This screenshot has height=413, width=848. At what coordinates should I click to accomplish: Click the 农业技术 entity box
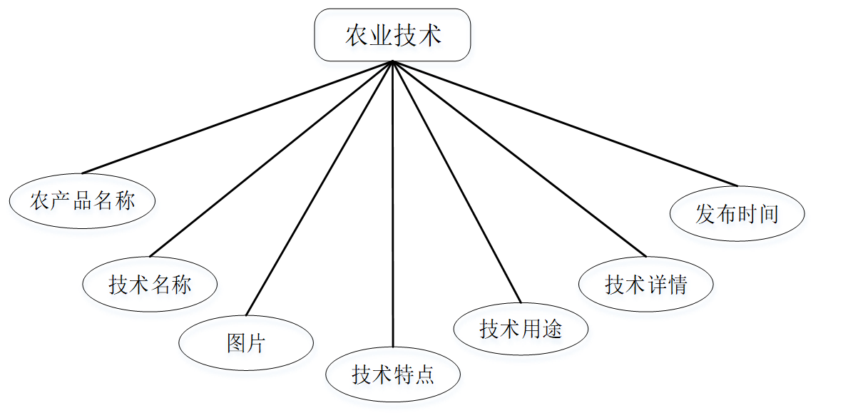point(392,35)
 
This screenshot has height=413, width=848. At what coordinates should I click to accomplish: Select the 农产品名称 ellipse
point(82,200)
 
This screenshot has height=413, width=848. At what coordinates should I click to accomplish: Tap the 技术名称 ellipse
point(150,285)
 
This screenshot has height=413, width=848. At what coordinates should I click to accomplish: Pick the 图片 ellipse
point(245,343)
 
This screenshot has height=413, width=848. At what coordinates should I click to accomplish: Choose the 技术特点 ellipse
point(393,374)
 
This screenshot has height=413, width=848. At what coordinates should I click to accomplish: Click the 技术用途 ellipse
point(521,328)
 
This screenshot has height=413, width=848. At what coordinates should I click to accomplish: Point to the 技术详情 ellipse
point(645,285)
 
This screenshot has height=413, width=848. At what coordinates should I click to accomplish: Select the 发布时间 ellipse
point(737,213)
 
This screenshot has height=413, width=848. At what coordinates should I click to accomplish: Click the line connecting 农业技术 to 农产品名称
point(237,117)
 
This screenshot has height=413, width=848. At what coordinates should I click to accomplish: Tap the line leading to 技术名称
point(271,158)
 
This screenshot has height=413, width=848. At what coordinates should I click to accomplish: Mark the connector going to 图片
point(319,188)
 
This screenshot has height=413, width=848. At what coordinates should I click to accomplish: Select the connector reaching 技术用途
point(456,182)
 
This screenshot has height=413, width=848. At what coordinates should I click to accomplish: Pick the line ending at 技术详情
point(519,158)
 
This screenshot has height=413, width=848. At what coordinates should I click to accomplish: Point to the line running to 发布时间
point(565,123)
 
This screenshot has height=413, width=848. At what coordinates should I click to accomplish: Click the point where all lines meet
point(393,62)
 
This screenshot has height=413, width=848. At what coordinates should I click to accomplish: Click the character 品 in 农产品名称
point(82,200)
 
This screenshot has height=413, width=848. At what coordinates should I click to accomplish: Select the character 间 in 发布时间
point(768,214)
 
